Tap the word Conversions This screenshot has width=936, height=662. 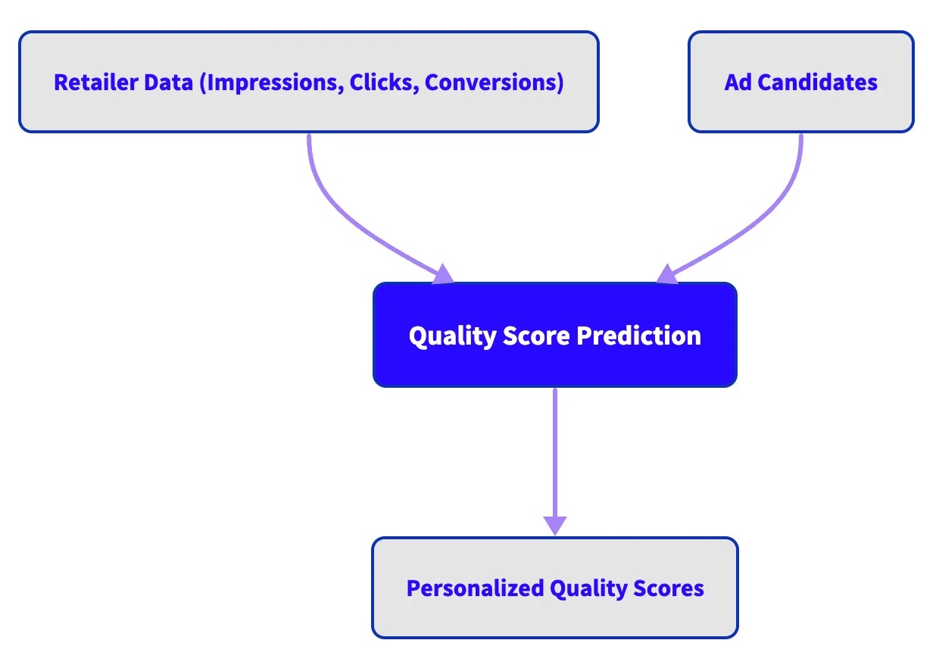493,83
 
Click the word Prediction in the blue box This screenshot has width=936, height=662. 638,336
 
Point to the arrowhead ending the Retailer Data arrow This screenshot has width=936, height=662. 442,274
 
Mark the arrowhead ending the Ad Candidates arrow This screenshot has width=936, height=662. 666,274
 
